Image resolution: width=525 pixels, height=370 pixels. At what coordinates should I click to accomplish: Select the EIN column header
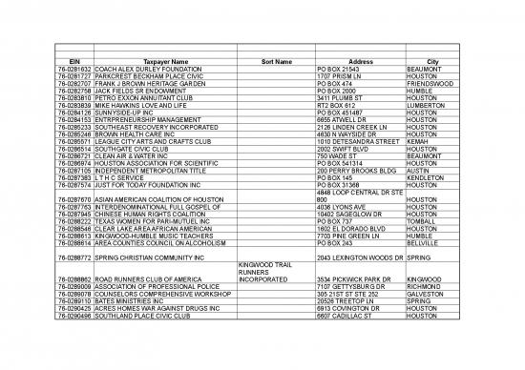53,62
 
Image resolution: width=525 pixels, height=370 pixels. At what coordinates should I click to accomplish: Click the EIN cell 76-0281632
53,70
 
